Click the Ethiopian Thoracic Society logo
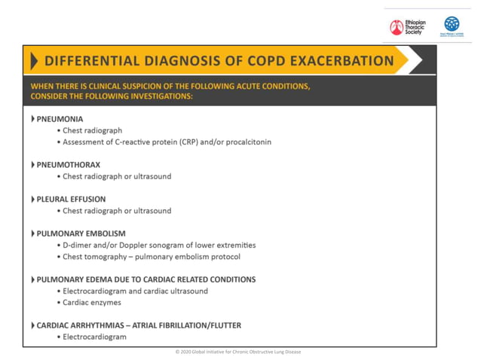(x=407, y=27)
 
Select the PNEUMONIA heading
(x=60, y=119)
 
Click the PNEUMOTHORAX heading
(x=68, y=165)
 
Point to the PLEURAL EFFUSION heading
(x=71, y=200)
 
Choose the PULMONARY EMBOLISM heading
(x=81, y=233)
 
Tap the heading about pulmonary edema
(x=146, y=279)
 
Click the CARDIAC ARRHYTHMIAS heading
(x=139, y=325)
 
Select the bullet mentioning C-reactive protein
(x=167, y=142)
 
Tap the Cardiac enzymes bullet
(x=91, y=303)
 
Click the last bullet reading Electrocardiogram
(x=94, y=337)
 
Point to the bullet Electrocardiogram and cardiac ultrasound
(x=135, y=291)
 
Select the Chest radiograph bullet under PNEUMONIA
(x=92, y=130)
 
